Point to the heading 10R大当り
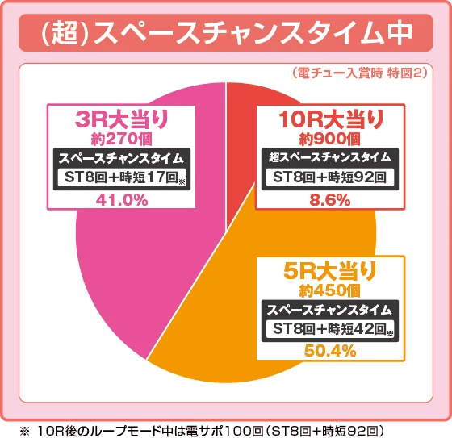(x=330, y=120)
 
